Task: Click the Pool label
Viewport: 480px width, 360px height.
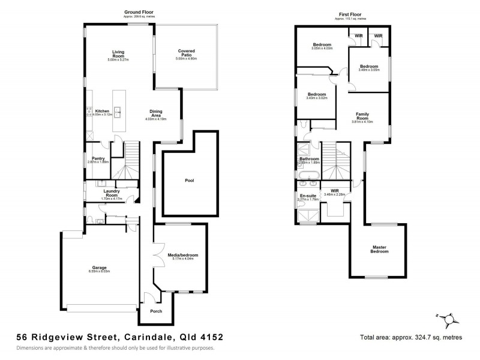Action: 189,181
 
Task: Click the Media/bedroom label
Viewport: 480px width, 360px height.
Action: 182,255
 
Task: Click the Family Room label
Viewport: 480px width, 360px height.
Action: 362,115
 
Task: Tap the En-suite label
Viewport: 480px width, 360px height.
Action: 307,196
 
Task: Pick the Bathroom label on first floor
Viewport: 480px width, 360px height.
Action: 309,159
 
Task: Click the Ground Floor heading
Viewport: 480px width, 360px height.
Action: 139,12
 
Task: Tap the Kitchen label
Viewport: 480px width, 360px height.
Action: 102,111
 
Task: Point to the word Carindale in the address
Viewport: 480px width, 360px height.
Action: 146,337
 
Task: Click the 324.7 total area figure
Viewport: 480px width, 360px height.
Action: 425,338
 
